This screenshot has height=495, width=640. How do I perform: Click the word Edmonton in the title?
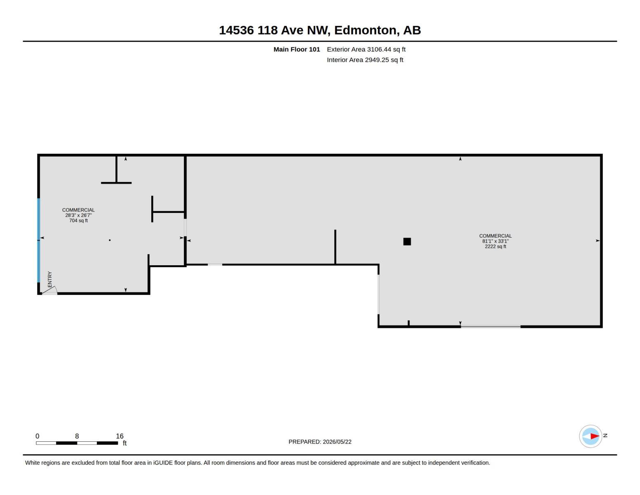pos(365,30)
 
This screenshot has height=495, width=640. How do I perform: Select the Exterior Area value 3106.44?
pos(379,49)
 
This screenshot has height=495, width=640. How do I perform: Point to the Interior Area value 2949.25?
pos(377,60)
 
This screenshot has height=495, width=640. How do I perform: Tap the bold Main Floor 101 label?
pos(297,49)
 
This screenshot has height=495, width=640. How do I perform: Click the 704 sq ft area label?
pos(78,221)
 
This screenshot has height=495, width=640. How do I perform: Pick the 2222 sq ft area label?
pos(495,246)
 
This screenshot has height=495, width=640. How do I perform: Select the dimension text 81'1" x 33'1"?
pos(495,241)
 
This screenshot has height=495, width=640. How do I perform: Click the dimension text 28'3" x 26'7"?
pos(78,215)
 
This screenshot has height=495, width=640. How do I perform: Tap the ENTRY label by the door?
pos(50,279)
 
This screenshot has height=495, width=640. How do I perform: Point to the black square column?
pos(407,241)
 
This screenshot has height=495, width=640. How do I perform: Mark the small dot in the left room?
pos(110,240)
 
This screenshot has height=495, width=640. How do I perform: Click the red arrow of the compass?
pos(595,436)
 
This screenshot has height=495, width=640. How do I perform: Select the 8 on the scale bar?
pos(77,436)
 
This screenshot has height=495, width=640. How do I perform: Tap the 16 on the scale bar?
pos(120,436)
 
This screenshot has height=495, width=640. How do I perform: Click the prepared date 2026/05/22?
pos(337,442)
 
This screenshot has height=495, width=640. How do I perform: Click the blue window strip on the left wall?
pos(39,240)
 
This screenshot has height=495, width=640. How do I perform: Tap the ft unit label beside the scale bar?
pos(124,443)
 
